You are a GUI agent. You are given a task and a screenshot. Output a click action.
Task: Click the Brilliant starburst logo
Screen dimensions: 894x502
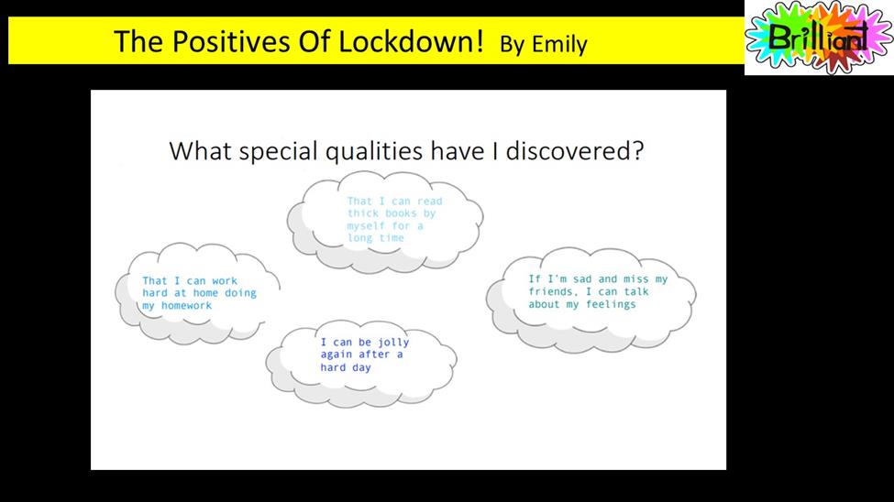(819, 38)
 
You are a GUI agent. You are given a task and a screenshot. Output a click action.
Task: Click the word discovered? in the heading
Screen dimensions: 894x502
(575, 151)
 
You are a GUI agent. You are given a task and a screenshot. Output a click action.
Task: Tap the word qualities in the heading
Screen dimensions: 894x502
(374, 152)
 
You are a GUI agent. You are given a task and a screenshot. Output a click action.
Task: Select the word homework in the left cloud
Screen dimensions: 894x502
(186, 306)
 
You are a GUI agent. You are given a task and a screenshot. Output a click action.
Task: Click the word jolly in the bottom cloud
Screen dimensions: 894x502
(393, 343)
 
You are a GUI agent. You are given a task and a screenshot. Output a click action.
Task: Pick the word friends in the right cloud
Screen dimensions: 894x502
(550, 291)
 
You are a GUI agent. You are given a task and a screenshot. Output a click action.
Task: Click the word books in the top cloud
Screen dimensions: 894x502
(401, 213)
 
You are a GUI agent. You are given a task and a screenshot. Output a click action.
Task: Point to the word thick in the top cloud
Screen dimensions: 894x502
(363, 213)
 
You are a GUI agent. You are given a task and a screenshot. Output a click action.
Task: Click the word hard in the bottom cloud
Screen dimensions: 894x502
(333, 367)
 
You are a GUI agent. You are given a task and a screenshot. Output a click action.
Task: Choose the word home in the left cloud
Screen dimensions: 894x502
(205, 293)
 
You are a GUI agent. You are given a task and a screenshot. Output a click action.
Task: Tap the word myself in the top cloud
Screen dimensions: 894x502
(366, 226)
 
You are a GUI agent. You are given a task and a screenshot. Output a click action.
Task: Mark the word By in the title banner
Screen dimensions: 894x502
(513, 45)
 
